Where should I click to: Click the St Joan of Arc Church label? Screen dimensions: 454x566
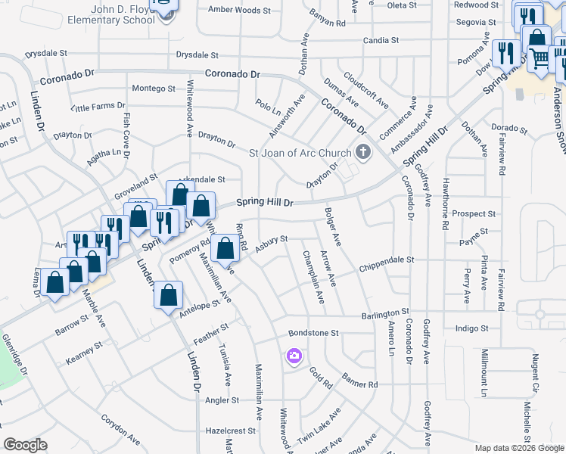click(x=300, y=153)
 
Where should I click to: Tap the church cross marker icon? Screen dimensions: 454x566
click(x=364, y=153)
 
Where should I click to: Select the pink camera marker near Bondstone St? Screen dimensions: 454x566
click(x=294, y=356)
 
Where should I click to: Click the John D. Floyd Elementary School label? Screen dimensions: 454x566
click(x=113, y=14)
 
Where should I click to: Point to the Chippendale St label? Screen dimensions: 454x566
click(x=387, y=260)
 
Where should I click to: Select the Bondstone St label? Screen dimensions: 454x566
click(x=313, y=333)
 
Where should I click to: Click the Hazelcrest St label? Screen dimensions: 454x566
click(x=231, y=430)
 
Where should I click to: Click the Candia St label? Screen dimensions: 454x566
click(x=381, y=39)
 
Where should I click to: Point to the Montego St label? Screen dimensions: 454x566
click(x=154, y=89)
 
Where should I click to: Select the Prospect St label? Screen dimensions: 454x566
click(x=474, y=214)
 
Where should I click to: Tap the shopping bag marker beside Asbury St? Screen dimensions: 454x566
click(x=225, y=247)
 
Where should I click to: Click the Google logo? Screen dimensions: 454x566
click(x=25, y=445)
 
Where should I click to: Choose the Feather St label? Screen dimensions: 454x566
click(x=210, y=331)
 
